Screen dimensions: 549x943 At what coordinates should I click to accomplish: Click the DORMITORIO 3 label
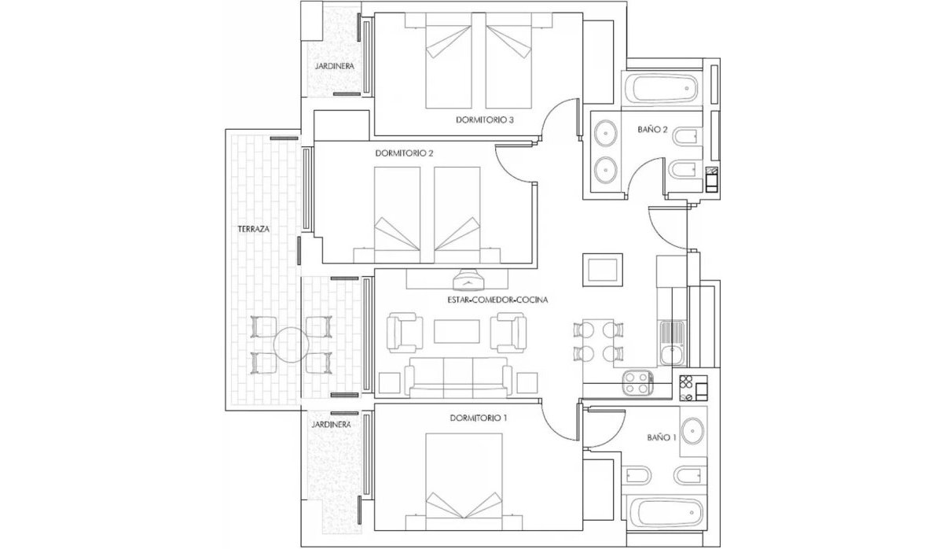click(x=485, y=120)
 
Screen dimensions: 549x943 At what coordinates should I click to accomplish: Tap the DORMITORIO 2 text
click(x=405, y=153)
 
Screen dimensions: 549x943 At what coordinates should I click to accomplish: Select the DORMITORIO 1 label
click(x=479, y=418)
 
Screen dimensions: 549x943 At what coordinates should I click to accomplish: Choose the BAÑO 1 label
click(x=662, y=437)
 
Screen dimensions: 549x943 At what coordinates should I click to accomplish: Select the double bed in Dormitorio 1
click(x=464, y=480)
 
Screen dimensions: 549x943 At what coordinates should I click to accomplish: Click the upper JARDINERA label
click(x=334, y=67)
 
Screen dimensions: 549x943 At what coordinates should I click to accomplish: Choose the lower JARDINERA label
click(x=330, y=424)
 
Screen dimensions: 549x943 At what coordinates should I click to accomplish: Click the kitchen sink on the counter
click(x=672, y=345)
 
